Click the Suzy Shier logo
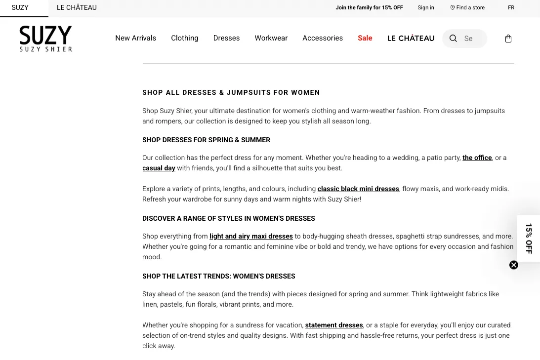(x=45, y=39)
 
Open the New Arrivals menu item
(x=135, y=39)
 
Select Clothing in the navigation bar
(x=184, y=39)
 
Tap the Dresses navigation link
(x=226, y=39)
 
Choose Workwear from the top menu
(x=271, y=39)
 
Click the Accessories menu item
(x=322, y=39)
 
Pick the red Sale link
(x=365, y=39)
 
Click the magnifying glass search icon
(x=453, y=39)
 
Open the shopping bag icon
(x=508, y=39)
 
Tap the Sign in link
(x=425, y=8)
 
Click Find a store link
(x=467, y=8)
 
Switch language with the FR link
(x=511, y=8)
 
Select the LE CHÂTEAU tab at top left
(x=77, y=8)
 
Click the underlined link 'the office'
(x=477, y=158)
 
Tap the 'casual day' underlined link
(x=159, y=168)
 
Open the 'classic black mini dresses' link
(x=358, y=189)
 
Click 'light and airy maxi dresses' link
(x=251, y=237)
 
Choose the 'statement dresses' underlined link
(x=333, y=325)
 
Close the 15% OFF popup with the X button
(x=514, y=265)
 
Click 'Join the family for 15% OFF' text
(x=369, y=8)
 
